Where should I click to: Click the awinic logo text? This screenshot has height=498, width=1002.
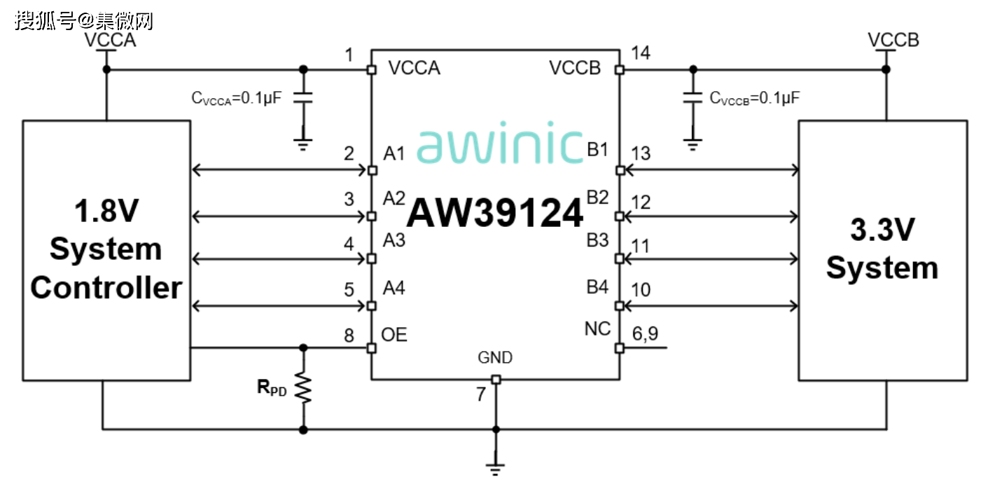point(500,146)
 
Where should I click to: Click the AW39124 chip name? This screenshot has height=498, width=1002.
point(495,214)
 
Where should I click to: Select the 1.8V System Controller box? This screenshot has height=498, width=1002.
point(106,250)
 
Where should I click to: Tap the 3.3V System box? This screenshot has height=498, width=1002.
point(882,250)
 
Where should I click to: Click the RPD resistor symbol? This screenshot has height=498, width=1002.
point(303,387)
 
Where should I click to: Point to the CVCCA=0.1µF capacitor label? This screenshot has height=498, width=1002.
point(237,99)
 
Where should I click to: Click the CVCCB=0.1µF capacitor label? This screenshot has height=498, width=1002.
point(755,99)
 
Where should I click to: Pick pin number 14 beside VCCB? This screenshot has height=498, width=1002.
point(640,53)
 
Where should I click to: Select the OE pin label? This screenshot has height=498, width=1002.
point(394,335)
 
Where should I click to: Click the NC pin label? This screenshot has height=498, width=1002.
point(597,328)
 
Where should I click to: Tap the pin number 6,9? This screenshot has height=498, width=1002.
point(644,335)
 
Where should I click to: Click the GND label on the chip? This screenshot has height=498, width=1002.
point(495,358)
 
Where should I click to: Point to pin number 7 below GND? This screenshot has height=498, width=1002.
point(481,395)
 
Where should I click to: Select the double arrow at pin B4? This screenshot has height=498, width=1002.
point(711,305)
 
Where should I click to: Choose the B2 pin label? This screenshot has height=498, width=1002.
point(597,198)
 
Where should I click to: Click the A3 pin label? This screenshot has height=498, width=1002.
point(394,241)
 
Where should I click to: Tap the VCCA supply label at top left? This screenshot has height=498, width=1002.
point(110,40)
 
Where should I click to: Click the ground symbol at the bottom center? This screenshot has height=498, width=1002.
point(496,469)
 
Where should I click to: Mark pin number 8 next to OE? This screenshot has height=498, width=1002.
point(349,335)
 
